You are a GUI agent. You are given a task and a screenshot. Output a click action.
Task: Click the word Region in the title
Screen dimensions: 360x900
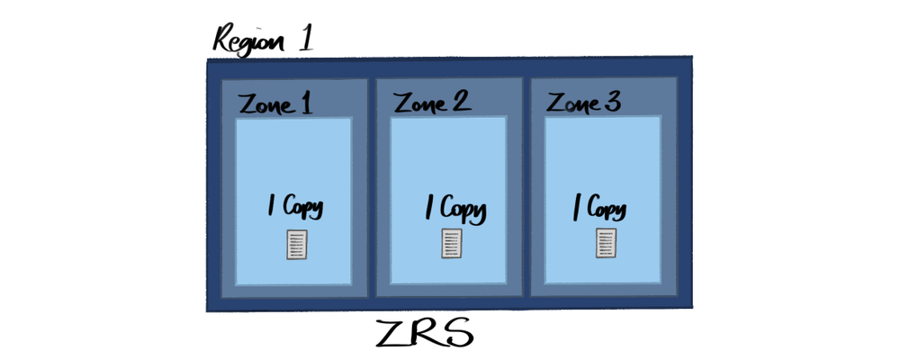(250, 40)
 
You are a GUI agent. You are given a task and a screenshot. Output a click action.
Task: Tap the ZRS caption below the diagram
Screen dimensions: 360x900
(425, 334)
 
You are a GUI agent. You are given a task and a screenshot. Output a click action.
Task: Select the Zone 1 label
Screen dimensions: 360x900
(275, 104)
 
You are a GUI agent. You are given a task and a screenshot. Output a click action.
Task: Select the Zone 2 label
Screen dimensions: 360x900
(432, 103)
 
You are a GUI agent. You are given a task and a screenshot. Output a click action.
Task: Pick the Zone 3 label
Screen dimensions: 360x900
(584, 103)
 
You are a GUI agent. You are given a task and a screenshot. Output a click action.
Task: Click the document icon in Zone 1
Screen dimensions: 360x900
(297, 245)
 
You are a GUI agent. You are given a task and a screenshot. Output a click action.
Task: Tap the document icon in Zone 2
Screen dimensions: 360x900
(452, 243)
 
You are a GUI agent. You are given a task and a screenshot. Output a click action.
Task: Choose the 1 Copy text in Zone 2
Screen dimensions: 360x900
(454, 210)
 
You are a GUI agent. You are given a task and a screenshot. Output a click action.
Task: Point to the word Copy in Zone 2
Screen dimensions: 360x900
(463, 211)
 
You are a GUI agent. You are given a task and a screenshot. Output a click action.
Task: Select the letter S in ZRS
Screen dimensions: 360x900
(457, 334)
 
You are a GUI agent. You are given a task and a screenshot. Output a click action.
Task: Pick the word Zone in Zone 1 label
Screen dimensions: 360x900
(265, 105)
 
